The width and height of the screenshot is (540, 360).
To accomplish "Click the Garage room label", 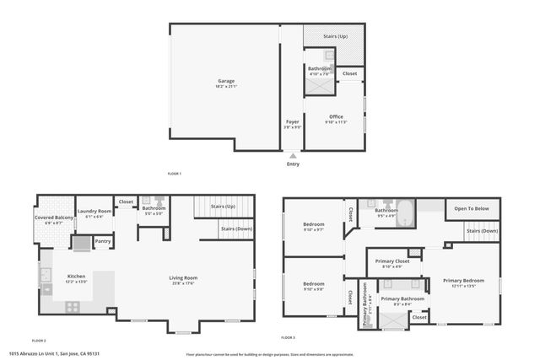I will tap(225, 81).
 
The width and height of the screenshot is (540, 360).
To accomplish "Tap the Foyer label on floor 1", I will tap(292, 121).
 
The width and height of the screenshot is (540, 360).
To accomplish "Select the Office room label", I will tap(336, 116).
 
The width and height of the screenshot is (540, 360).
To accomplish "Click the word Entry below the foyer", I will tap(292, 164).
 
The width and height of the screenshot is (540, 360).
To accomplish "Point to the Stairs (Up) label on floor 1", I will tap(336, 36).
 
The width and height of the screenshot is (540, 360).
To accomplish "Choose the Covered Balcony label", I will tap(54, 218).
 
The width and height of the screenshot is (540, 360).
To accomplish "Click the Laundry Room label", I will tap(94, 211).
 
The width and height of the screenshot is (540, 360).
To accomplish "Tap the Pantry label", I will tap(102, 242).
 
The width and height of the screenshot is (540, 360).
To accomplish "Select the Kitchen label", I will tap(76, 276).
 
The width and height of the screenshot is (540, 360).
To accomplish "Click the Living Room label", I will tap(182, 277).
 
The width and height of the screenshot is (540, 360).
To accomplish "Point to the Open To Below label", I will tap(472, 208).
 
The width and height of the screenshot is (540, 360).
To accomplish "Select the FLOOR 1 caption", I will tap(174, 174).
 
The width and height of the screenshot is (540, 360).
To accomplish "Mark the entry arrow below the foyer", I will tap(292, 156).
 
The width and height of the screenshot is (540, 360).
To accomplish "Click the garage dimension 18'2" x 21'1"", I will tap(225, 87).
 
